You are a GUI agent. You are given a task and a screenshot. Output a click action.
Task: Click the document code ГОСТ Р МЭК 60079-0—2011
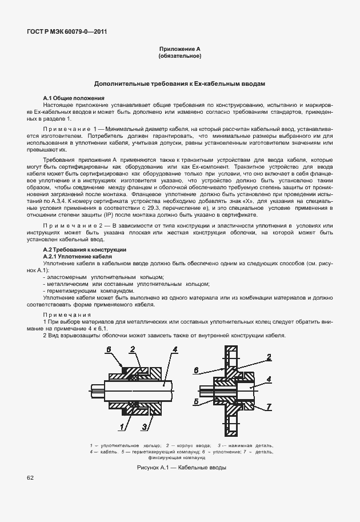click(x=66, y=32)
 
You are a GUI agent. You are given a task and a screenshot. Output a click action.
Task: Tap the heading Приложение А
click(x=179, y=50)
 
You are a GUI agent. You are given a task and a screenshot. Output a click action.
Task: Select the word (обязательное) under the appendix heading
click(x=179, y=56)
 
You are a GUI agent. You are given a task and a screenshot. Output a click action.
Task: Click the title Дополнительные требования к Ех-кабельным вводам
click(x=179, y=83)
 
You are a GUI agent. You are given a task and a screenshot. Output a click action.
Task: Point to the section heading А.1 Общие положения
click(x=74, y=98)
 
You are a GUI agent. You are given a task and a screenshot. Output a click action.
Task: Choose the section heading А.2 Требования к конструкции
click(x=85, y=250)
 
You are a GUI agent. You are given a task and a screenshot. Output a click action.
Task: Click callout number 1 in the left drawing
click(x=122, y=426)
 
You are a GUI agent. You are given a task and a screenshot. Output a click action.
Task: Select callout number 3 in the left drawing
click(x=145, y=427)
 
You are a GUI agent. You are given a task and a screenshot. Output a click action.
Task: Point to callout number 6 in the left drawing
click(x=107, y=349)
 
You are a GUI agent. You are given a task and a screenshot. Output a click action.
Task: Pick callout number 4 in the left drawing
click(x=174, y=349)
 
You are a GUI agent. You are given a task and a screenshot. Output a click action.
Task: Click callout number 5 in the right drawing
click(x=195, y=402)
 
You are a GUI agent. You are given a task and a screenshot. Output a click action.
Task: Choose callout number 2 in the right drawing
click(x=267, y=357)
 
